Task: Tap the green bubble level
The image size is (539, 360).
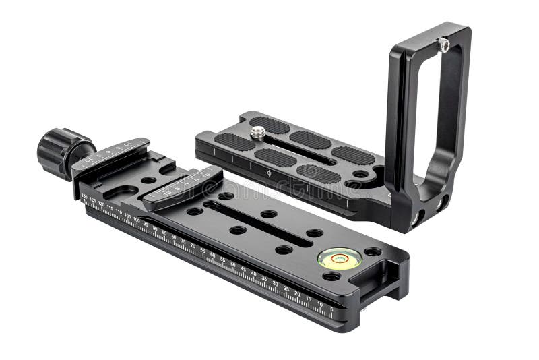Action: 340,258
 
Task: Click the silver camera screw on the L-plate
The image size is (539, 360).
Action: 258,133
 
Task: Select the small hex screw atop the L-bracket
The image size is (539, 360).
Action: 444,44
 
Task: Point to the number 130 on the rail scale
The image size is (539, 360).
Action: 84,197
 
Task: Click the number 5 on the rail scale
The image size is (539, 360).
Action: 331,309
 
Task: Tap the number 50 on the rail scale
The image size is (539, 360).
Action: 233,264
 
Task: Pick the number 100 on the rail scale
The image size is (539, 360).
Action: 137,220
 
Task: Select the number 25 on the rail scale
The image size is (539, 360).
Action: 286,289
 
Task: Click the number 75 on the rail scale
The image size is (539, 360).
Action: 183,241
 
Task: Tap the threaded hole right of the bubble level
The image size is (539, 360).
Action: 373,251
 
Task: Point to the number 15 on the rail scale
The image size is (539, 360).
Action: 308,299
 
